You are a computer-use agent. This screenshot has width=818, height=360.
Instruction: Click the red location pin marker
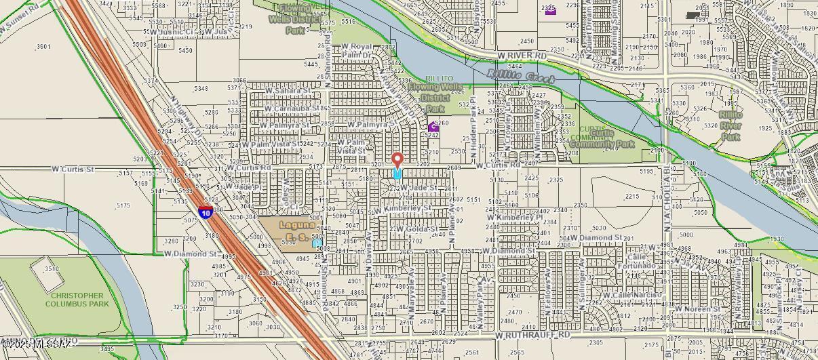coord(397,161)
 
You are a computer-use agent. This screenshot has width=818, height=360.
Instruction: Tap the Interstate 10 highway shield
coord(206,212)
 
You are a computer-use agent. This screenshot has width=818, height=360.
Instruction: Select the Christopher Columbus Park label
coord(77,300)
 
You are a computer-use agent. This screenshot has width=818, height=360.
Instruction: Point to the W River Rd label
coord(521,55)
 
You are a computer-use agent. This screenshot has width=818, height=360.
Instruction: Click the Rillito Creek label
coord(521,77)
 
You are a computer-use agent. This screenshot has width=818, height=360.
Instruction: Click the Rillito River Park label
coord(731,126)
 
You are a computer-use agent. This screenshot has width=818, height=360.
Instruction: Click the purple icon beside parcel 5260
coord(433,127)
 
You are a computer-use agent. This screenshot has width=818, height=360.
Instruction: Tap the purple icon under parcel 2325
coord(550,10)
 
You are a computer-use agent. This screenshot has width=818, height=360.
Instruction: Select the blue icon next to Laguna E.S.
coord(317,242)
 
